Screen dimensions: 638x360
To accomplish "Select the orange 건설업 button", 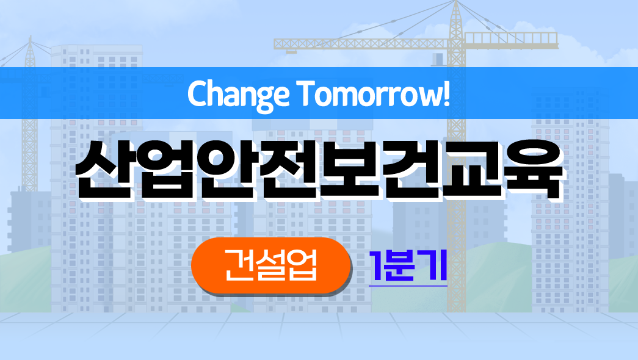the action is pyautogui.click(x=270, y=265).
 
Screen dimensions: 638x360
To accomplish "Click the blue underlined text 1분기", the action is pyautogui.click(x=408, y=265).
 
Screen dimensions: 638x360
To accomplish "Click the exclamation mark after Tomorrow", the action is pyautogui.click(x=447, y=93).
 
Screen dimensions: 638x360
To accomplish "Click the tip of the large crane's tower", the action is pyautogui.click(x=456, y=1).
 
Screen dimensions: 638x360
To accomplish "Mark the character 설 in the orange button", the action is pyautogui.click(x=270, y=265).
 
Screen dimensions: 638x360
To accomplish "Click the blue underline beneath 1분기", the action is pyautogui.click(x=408, y=286).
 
